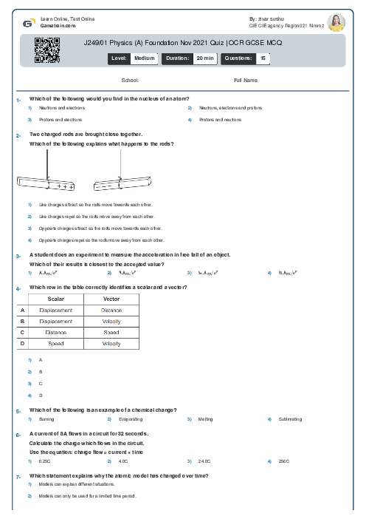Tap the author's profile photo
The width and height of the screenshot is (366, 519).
tap(336, 22)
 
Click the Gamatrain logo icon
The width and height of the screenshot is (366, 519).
tap(27, 23)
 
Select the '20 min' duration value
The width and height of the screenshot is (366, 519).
tap(204, 57)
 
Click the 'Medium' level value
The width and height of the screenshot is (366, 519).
tap(144, 57)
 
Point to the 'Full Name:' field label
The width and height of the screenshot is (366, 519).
tap(246, 80)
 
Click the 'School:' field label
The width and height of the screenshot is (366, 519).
tap(130, 80)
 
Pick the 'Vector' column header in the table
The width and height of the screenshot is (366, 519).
tap(111, 299)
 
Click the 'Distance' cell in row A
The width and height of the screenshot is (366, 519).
tap(111, 311)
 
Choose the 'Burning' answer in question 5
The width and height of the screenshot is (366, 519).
tap(46, 419)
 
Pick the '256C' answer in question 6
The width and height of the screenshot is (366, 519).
tap(282, 461)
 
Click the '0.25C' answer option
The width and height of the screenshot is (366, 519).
tap(46, 461)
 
